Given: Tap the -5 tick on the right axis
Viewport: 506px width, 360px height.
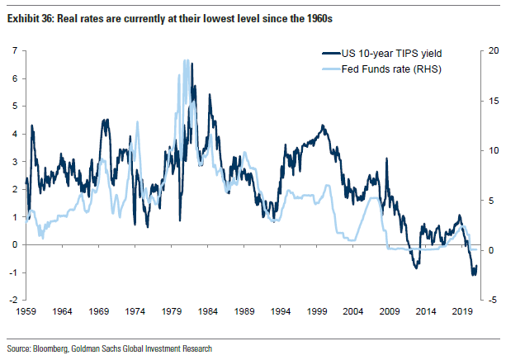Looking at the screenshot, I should tap(490, 300).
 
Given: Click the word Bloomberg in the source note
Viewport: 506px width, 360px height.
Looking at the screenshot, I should tap(49, 349).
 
